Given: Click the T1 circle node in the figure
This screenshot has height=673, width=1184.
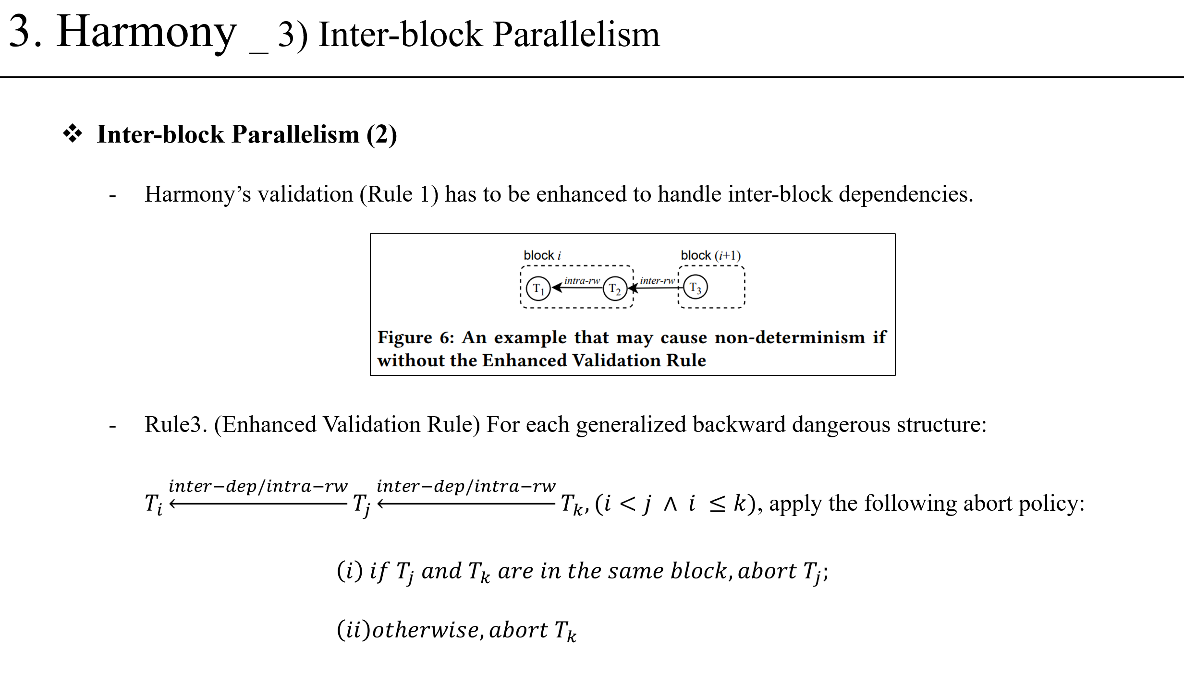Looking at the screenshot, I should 538,288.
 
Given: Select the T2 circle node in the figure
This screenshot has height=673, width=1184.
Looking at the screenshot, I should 615,288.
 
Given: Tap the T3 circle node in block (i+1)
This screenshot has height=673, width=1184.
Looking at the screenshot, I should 695,287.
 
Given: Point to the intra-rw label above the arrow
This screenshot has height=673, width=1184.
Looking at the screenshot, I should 582,280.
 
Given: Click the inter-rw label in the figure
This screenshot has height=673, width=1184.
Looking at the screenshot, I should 657,280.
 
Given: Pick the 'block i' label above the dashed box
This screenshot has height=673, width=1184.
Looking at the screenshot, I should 542,255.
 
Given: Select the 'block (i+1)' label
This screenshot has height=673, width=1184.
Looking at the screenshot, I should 710,255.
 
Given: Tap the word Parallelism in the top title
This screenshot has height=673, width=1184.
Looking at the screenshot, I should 576,35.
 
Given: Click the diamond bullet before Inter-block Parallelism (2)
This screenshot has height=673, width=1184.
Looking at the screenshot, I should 73,133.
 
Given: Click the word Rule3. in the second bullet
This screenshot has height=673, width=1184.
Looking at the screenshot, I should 175,424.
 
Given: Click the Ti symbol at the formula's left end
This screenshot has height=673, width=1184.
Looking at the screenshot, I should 154,504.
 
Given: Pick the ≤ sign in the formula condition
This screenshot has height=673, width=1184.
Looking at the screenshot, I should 717,504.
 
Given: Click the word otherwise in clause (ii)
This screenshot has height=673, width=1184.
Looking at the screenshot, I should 425,630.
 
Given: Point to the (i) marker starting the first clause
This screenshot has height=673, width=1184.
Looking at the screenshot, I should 349,571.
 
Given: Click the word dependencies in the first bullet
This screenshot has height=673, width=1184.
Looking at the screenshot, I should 905,194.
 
